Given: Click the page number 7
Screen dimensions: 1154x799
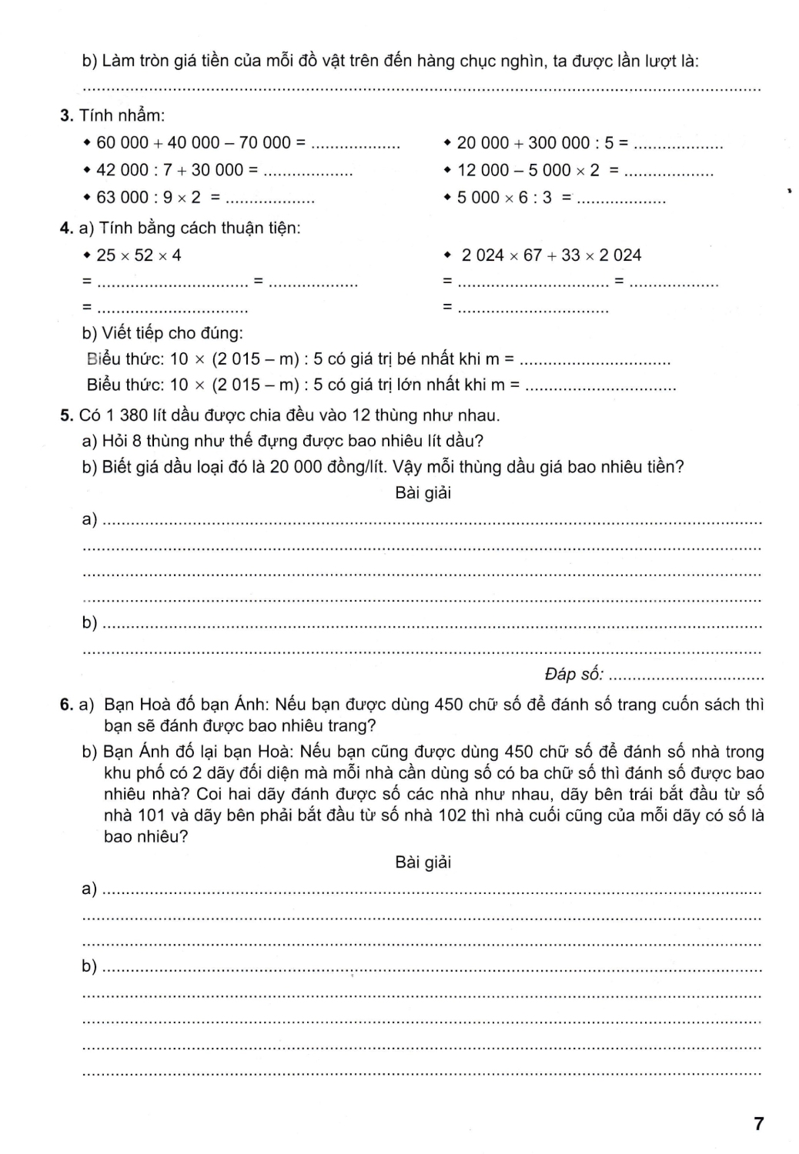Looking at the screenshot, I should [x=759, y=1123].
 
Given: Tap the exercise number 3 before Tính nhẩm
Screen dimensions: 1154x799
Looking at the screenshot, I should [x=65, y=115].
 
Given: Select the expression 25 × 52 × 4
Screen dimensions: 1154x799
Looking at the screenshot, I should [x=139, y=255].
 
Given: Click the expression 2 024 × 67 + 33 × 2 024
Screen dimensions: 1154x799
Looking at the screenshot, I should [x=551, y=255].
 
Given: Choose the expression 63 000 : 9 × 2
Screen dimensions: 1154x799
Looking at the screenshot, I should [x=149, y=198].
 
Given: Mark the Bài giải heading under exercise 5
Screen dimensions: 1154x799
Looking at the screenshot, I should [x=423, y=493].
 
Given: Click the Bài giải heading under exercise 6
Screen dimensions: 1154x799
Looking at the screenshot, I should [x=423, y=862].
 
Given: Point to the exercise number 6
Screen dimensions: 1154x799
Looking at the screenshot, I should [x=65, y=705].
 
